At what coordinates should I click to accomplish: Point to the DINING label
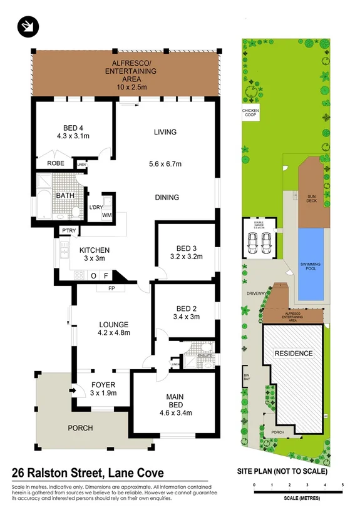(167, 197)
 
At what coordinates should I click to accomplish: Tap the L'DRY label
(96, 207)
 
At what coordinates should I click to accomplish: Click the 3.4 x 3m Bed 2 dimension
(187, 317)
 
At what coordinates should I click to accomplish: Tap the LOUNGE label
(113, 324)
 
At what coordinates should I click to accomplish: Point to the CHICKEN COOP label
(250, 113)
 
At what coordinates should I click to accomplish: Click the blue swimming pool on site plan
(311, 264)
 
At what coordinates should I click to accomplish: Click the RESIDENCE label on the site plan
(294, 354)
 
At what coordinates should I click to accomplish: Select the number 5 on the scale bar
(342, 485)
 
